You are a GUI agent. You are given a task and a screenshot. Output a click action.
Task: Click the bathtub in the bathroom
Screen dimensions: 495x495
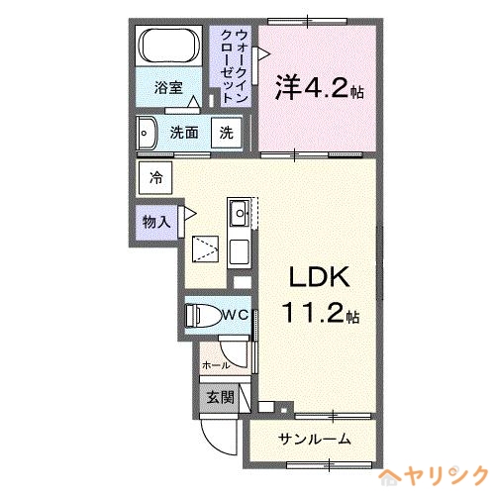click(169, 46)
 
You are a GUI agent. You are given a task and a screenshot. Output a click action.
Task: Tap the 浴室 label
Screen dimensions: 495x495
click(168, 88)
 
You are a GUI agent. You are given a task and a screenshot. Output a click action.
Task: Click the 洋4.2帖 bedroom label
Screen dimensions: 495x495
click(320, 87)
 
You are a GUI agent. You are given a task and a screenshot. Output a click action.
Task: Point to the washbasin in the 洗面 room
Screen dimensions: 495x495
click(147, 134)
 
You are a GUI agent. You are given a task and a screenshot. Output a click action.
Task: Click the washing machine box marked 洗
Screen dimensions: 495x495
click(227, 133)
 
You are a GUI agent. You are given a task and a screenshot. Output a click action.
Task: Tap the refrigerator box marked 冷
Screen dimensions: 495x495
click(155, 177)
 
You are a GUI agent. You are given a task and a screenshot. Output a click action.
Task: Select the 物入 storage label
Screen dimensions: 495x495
click(156, 222)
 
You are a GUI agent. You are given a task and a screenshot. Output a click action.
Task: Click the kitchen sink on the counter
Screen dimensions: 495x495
click(240, 213)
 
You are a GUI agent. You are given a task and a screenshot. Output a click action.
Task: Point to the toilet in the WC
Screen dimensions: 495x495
click(203, 315)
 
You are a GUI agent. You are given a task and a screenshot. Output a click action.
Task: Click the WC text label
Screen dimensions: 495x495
click(236, 315)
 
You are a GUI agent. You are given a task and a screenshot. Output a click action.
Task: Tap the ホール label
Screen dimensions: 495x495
click(216, 365)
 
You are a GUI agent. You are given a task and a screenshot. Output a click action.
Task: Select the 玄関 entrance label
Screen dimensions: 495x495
click(221, 397)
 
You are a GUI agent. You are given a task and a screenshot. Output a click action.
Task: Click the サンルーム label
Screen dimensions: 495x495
click(314, 439)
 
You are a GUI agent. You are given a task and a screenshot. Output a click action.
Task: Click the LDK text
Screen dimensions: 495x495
click(319, 277)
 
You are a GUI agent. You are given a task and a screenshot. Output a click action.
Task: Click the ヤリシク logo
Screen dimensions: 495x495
click(434, 476)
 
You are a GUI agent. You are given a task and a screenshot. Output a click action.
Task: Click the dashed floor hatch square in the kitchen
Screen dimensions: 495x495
click(205, 249)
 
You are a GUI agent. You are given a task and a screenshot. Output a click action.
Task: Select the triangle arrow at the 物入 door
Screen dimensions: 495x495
click(190, 214)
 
